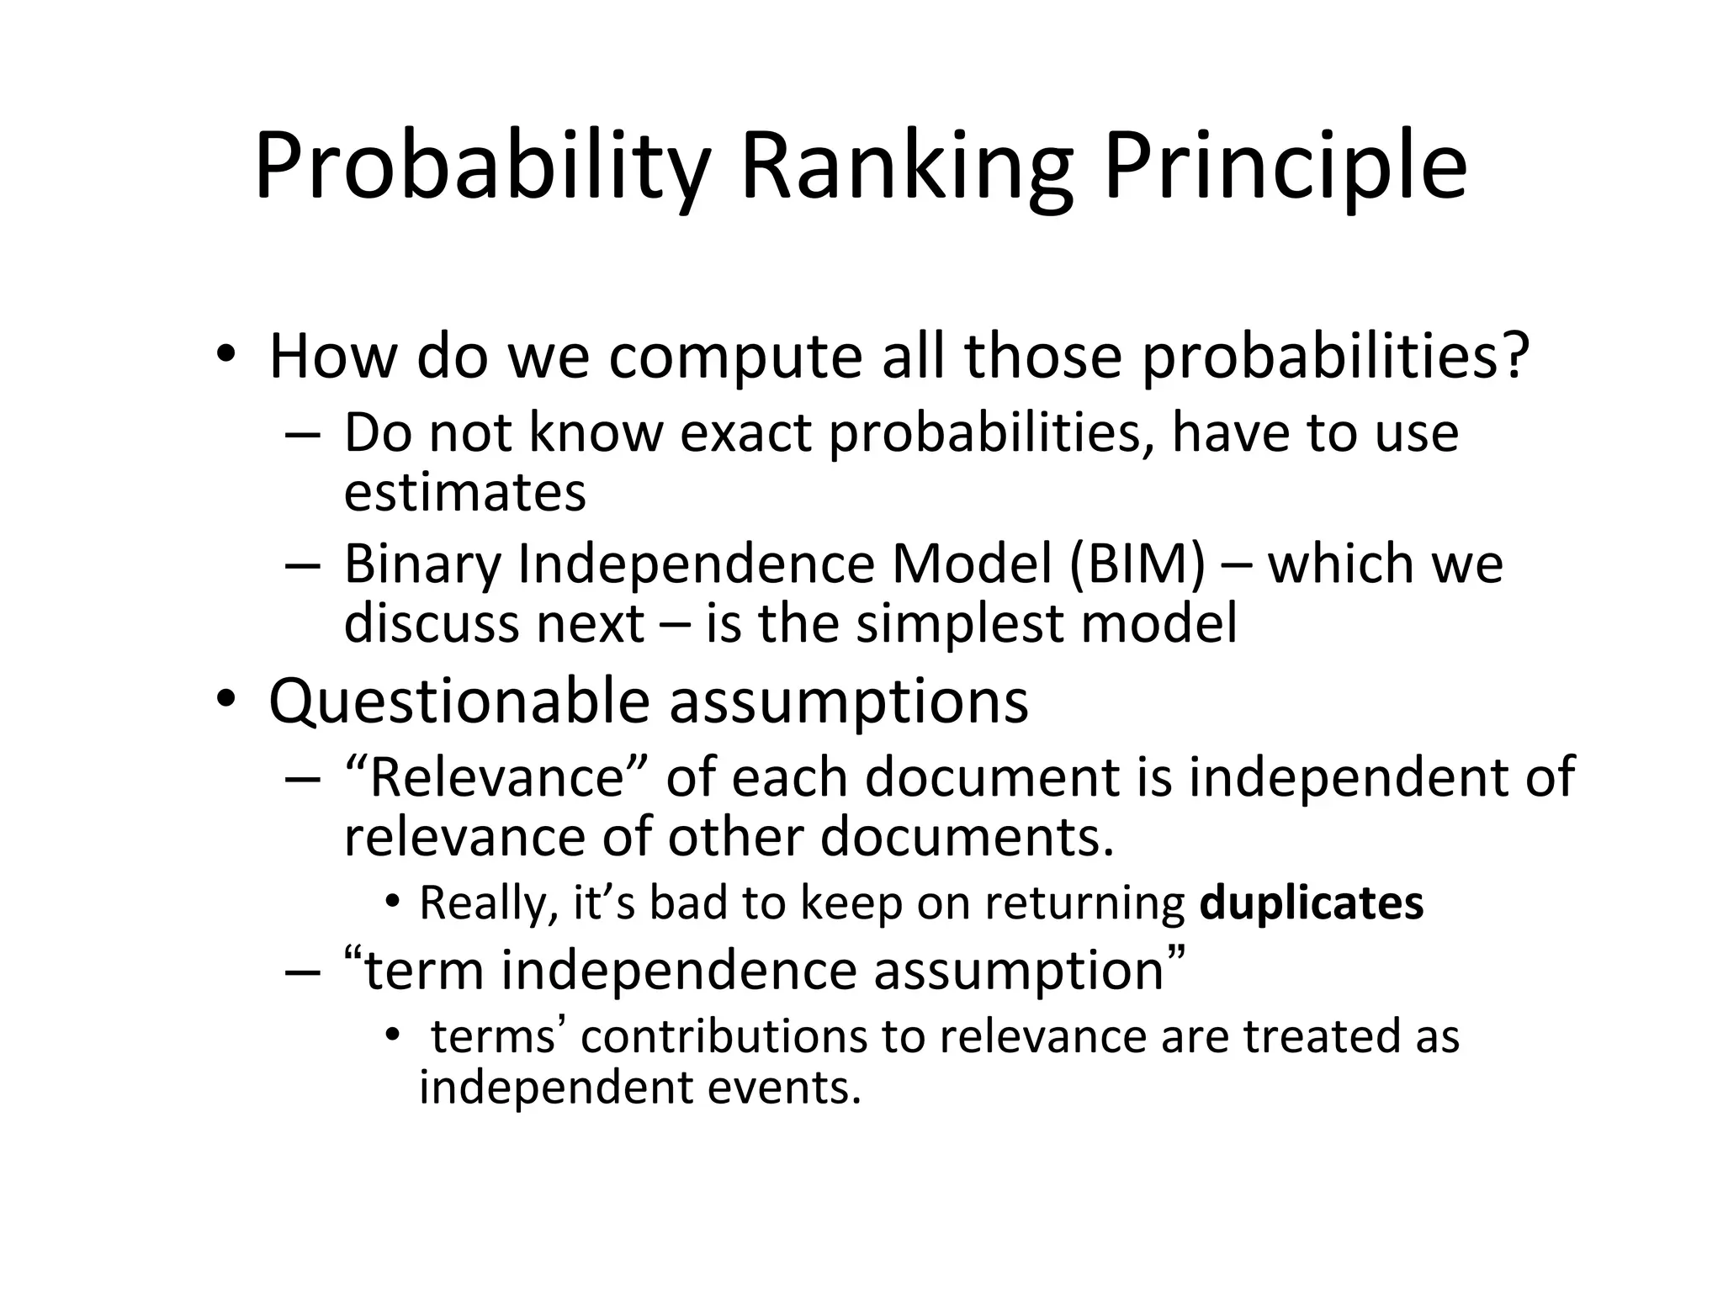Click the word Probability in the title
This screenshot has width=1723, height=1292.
[x=482, y=168]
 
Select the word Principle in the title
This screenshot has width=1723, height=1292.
[x=1285, y=168]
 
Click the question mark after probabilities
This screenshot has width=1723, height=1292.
[x=1514, y=356]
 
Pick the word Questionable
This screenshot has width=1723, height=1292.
[x=459, y=701]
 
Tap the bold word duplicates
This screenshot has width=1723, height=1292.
[x=1311, y=903]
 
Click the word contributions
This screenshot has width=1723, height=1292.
[x=724, y=1036]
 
